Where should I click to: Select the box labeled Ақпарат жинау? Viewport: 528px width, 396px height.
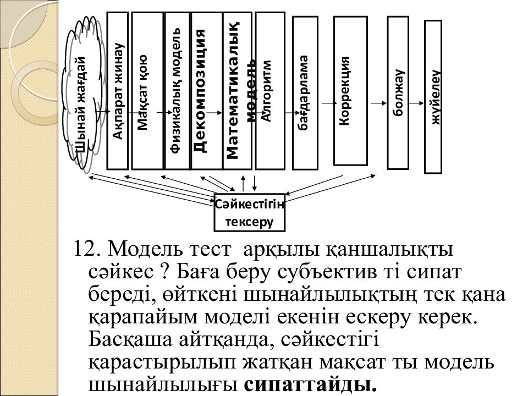[x=117, y=91]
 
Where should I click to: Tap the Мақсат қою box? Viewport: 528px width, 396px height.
[x=144, y=91]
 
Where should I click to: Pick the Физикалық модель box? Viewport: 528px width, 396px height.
[x=177, y=91]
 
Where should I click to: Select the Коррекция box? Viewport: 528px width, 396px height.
[x=350, y=91]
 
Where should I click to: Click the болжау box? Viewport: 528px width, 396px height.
[x=398, y=92]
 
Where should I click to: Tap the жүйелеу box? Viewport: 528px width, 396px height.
[x=434, y=97]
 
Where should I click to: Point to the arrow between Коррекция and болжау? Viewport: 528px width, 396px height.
[x=378, y=103]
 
